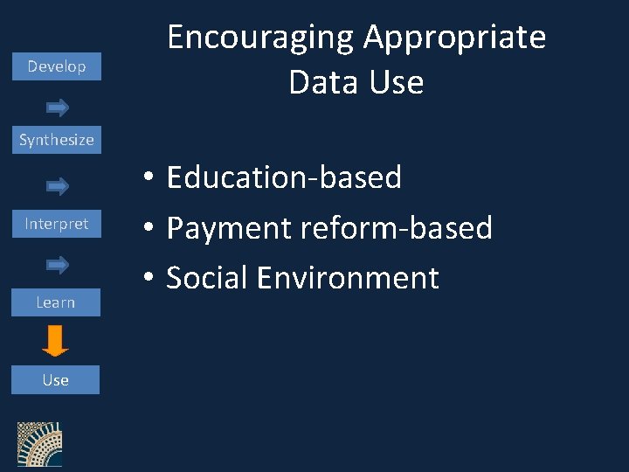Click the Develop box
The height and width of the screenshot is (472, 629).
click(56, 66)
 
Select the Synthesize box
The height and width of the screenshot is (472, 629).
click(56, 140)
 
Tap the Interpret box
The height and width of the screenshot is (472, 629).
click(56, 224)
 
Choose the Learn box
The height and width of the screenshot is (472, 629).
click(56, 302)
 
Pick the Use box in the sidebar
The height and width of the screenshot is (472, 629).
click(56, 380)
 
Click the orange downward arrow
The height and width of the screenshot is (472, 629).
click(56, 341)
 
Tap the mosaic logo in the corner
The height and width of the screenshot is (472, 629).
click(40, 444)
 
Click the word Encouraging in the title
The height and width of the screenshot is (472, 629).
click(259, 38)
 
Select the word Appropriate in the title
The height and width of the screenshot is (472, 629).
click(454, 38)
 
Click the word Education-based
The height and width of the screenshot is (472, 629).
click(284, 177)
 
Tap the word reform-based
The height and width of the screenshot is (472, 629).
click(397, 228)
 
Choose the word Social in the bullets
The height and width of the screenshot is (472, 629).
click(206, 278)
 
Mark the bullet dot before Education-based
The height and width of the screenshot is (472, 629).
click(150, 178)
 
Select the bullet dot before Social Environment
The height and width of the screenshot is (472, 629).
click(150, 279)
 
